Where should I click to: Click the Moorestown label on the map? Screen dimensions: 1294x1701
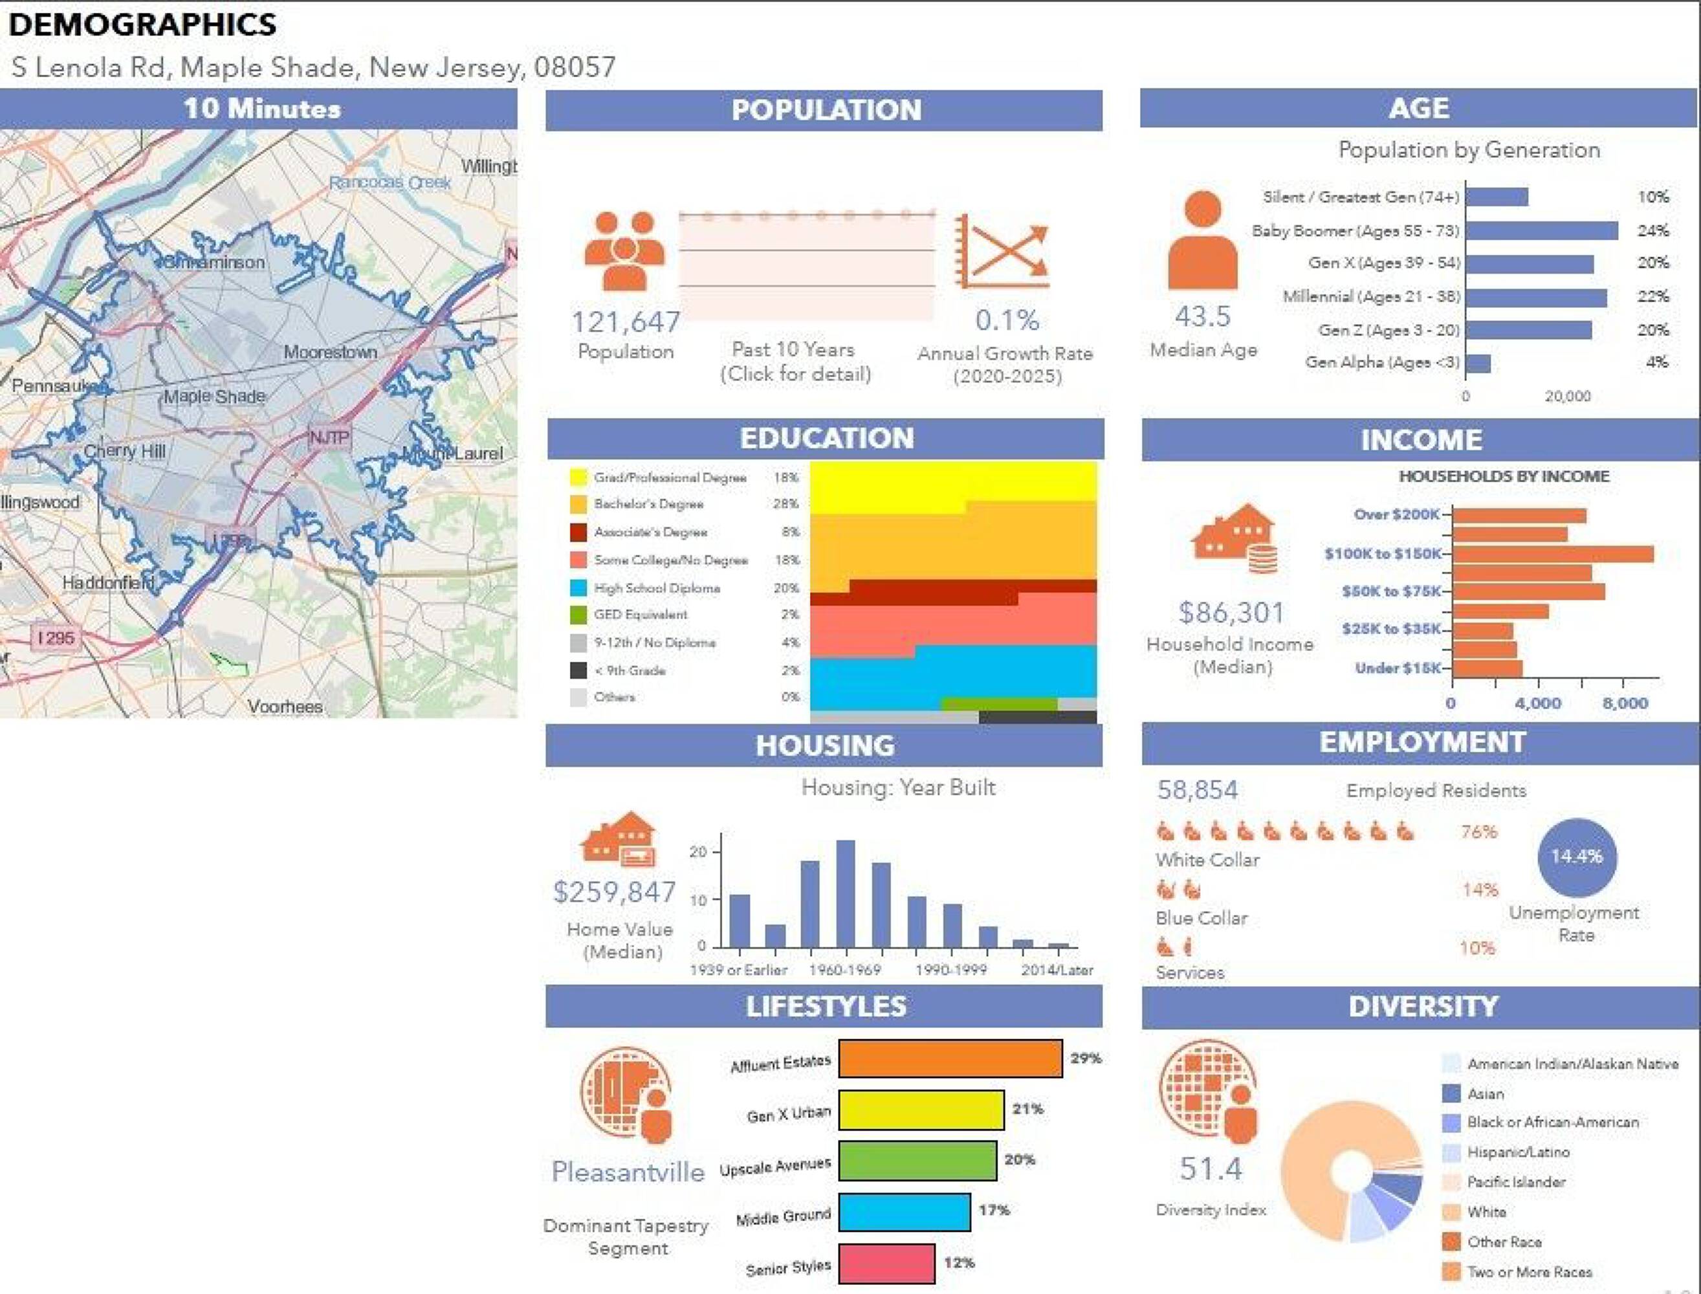pyautogui.click(x=331, y=352)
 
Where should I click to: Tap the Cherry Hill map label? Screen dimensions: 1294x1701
pyautogui.click(x=124, y=450)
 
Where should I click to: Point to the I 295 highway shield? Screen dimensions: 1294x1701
pyautogui.click(x=56, y=638)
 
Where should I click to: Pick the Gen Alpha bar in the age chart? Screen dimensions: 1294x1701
pyautogui.click(x=1478, y=364)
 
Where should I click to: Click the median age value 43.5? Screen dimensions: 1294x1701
pyautogui.click(x=1203, y=316)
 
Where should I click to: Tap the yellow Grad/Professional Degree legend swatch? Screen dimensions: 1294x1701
pyautogui.click(x=578, y=477)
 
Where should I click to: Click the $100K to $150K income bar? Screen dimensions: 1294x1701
pyautogui.click(x=1552, y=554)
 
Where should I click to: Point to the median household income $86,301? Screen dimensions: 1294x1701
pyautogui.click(x=1231, y=613)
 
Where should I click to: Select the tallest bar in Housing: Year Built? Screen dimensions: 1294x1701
pyautogui.click(x=846, y=894)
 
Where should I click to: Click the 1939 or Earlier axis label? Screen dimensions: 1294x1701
pyautogui.click(x=738, y=970)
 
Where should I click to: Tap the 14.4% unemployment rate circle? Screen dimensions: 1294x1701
pyautogui.click(x=1576, y=857)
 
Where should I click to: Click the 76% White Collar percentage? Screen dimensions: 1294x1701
pyautogui.click(x=1478, y=832)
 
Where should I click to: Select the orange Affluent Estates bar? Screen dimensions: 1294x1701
pyautogui.click(x=950, y=1058)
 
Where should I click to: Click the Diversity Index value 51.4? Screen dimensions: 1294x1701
pyautogui.click(x=1211, y=1169)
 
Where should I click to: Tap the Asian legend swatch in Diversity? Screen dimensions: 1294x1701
pyautogui.click(x=1451, y=1093)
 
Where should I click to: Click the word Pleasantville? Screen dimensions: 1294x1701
pyautogui.click(x=628, y=1172)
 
